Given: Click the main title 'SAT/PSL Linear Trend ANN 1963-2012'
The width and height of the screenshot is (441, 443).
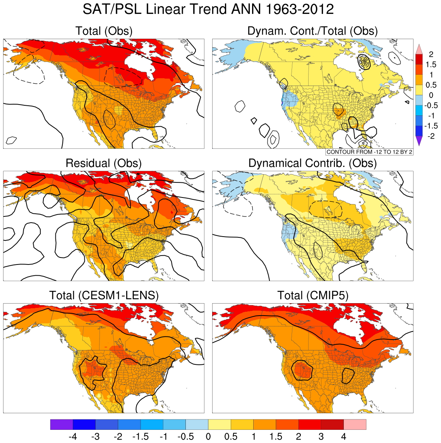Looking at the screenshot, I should (208, 9).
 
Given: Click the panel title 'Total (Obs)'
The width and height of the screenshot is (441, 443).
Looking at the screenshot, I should (104, 31).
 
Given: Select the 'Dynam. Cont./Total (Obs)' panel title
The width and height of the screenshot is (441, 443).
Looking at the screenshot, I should (312, 31).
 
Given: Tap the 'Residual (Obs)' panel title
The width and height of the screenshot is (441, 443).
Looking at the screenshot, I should (103, 163).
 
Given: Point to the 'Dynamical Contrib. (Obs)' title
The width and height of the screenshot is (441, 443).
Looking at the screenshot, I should (312, 163).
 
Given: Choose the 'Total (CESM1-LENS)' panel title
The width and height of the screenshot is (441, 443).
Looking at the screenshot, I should (104, 295).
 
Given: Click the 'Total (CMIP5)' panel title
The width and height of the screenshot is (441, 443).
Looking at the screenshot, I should (312, 295).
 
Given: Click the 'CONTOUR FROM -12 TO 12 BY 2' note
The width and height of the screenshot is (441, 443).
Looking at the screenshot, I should (369, 152).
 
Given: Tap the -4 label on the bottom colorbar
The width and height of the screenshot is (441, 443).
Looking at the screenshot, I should (73, 437).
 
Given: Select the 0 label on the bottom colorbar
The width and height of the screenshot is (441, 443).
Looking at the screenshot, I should (208, 437).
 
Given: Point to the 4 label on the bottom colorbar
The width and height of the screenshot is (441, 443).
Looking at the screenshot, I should (343, 437).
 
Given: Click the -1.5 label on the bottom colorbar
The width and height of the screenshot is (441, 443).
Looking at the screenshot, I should (141, 437).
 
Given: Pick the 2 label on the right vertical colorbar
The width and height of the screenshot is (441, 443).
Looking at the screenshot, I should (431, 55).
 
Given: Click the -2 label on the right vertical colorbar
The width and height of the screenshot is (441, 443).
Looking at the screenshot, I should (431, 136).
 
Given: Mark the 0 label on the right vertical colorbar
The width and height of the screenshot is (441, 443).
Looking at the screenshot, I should (431, 95).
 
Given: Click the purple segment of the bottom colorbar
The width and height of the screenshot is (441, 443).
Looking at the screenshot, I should (62, 424).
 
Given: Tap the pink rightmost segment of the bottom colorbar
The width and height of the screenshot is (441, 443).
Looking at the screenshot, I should (355, 424).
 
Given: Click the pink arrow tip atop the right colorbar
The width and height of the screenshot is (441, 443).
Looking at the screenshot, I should (418, 49).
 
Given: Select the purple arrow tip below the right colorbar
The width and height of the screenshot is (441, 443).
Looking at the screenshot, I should (418, 142).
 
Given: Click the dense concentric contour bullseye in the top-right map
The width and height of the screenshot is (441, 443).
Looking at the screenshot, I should (364, 61).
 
